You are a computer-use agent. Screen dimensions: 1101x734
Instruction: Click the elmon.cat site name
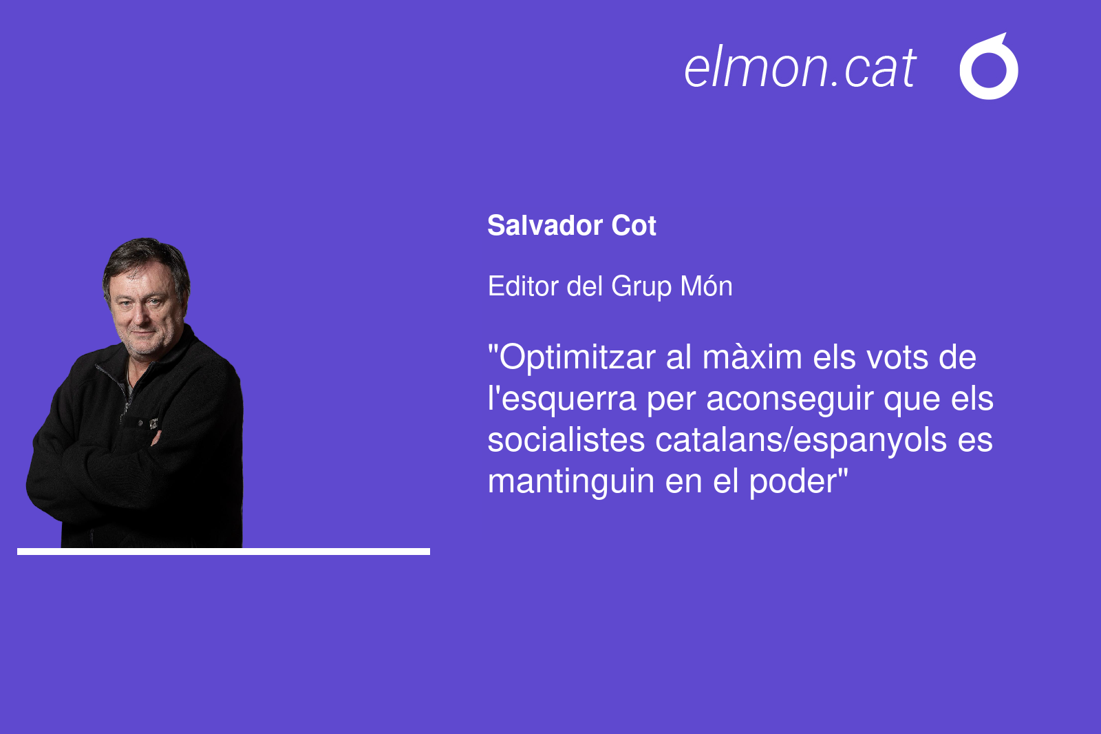click(800, 67)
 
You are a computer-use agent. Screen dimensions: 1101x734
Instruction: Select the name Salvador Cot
click(572, 225)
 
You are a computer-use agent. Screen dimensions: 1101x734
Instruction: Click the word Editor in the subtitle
click(522, 286)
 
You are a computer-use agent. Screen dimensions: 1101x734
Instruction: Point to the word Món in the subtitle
click(706, 286)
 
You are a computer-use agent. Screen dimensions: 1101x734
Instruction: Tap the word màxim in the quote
click(752, 357)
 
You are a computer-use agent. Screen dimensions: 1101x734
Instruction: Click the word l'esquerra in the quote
click(562, 400)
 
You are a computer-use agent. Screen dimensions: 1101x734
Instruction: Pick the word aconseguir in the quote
click(789, 400)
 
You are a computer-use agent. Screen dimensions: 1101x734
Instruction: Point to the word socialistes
click(566, 440)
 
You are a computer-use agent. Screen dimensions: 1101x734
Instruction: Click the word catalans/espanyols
click(801, 441)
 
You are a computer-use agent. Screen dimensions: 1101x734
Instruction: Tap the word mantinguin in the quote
click(570, 482)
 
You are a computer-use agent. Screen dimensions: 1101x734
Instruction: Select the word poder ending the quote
click(793, 482)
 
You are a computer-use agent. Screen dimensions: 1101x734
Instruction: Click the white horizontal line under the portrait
click(224, 552)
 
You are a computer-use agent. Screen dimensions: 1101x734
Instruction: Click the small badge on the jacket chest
click(154, 423)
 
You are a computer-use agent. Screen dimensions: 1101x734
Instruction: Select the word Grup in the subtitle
click(641, 287)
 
